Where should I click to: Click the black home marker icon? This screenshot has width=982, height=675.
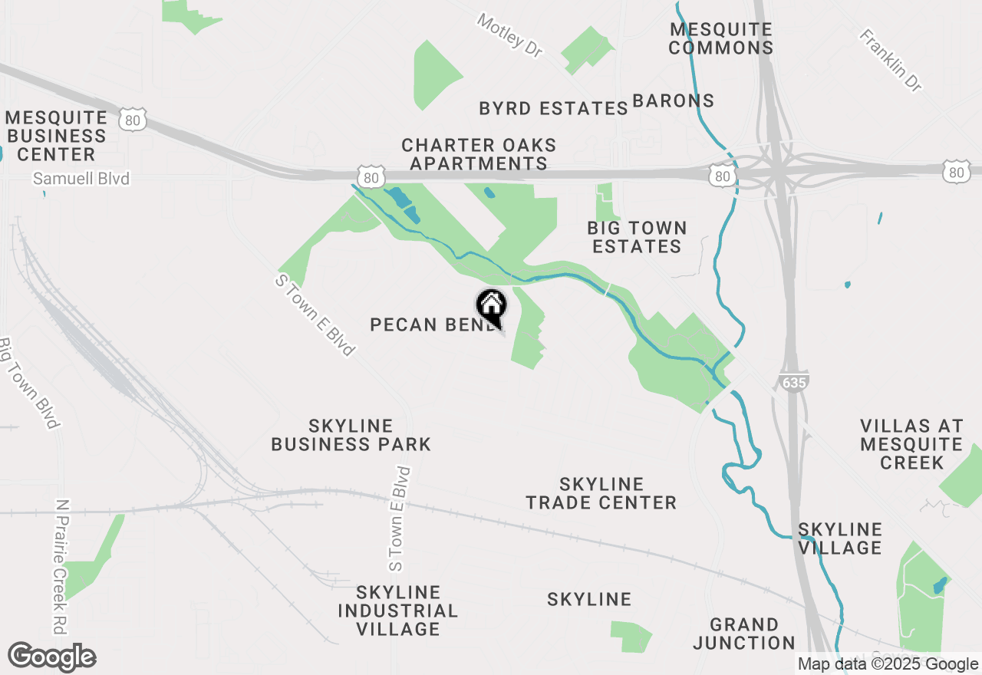click(492, 306)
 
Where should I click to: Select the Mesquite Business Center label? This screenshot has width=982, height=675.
click(56, 136)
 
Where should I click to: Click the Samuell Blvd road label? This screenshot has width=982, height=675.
click(81, 179)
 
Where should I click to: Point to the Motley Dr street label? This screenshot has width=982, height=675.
click(509, 35)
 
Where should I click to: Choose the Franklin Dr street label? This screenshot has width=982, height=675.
click(890, 61)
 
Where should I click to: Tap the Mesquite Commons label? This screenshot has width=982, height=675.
click(720, 38)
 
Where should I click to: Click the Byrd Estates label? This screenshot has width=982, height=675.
click(553, 108)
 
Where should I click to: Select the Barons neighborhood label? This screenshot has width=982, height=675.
click(673, 100)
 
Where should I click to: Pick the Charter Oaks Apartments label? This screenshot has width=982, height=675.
click(479, 154)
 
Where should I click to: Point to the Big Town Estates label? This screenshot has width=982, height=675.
click(637, 237)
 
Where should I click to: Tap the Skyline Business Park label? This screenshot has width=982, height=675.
click(351, 435)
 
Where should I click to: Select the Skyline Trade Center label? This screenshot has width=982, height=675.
click(601, 493)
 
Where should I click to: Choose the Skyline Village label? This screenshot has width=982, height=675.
click(840, 538)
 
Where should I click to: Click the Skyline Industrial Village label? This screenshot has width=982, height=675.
click(397, 611)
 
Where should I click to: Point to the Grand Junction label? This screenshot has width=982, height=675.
click(743, 634)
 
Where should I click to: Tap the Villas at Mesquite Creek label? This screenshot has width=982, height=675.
click(911, 444)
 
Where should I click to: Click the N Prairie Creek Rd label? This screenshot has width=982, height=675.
click(60, 567)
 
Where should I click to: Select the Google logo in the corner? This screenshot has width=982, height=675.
click(52, 657)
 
